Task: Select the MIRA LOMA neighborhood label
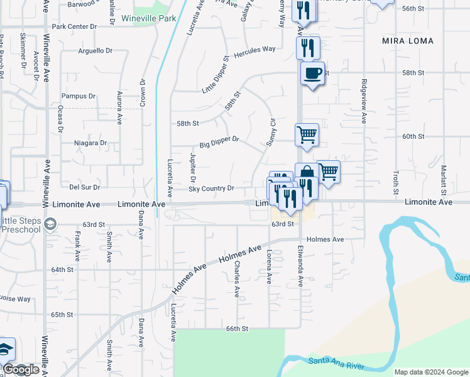[x=403, y=40]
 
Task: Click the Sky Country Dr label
[x=212, y=188]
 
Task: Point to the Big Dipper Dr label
[x=219, y=142]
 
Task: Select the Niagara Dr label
[x=90, y=143]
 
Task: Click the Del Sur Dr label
[x=84, y=187]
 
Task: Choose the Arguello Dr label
[x=96, y=51]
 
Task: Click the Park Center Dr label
[x=75, y=27]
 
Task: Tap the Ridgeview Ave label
[x=363, y=100]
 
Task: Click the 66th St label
[x=238, y=329]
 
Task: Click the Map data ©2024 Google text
[x=430, y=372]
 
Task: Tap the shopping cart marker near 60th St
[x=307, y=134]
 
